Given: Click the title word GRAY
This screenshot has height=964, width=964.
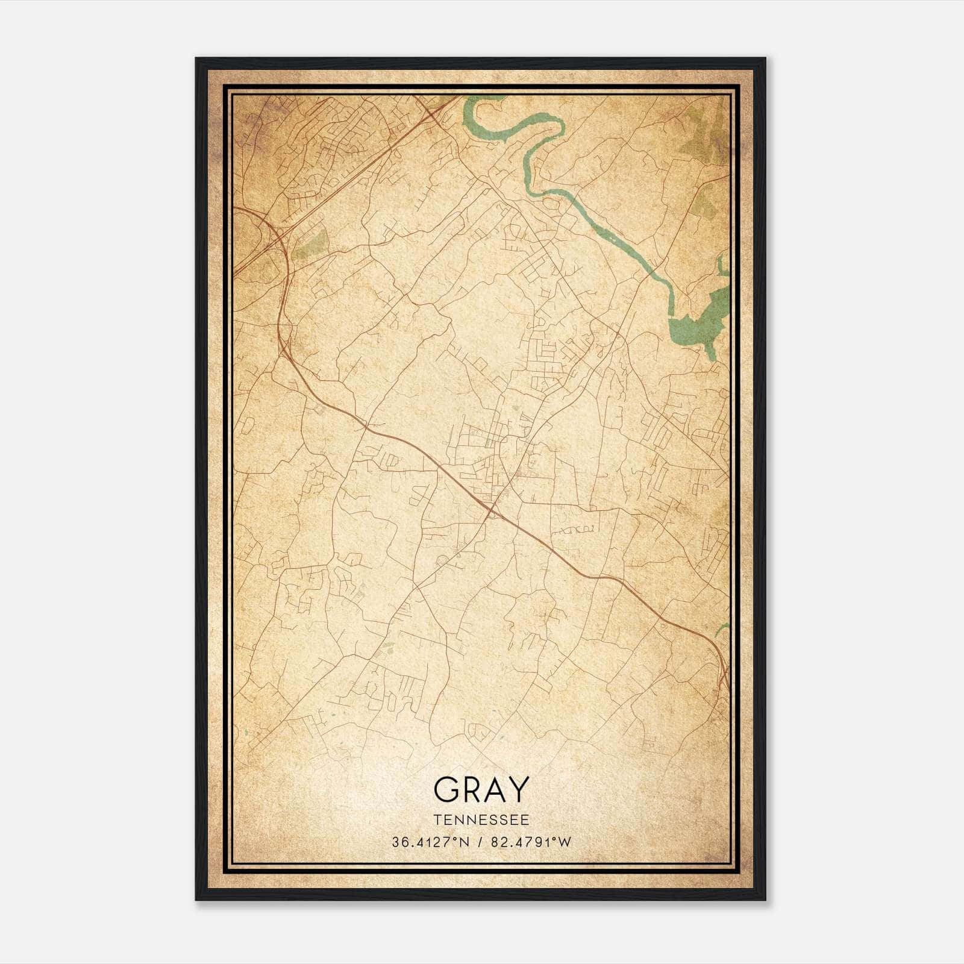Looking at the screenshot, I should coord(481,789).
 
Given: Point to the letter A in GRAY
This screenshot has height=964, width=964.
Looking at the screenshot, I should coord(495,789).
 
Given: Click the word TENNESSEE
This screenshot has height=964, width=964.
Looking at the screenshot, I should coord(481,819).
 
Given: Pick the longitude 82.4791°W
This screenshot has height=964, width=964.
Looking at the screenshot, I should coord(530,842).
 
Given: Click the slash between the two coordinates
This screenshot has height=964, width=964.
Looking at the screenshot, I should coord(479,842).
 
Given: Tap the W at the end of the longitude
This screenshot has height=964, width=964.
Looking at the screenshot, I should coord(565,842).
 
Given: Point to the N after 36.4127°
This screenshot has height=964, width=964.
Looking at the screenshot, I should coord(464,842).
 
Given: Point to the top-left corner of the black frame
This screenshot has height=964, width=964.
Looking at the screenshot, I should coord(196,58).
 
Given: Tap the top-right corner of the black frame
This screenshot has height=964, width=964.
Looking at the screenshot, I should coord(765,58).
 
